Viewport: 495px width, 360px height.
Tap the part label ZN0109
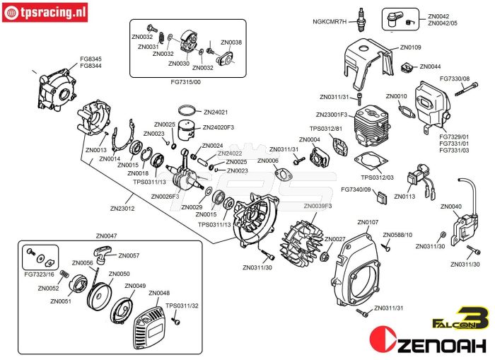(411, 47)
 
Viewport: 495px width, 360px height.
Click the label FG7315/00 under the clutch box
(187, 82)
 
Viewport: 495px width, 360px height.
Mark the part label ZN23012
(122, 209)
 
